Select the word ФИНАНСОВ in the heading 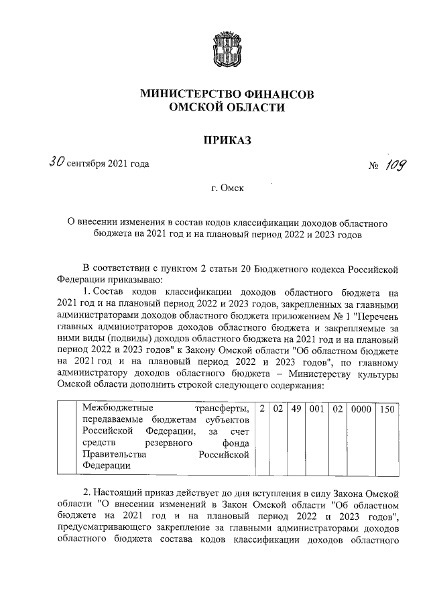(x=276, y=94)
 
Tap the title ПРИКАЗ (x=227, y=140)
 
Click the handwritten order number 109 (x=395, y=163)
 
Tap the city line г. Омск (x=227, y=189)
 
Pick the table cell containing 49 (x=295, y=408)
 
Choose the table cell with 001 (x=316, y=408)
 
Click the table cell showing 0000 (x=361, y=408)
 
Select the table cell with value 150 (x=387, y=408)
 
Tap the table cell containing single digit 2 (x=263, y=408)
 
